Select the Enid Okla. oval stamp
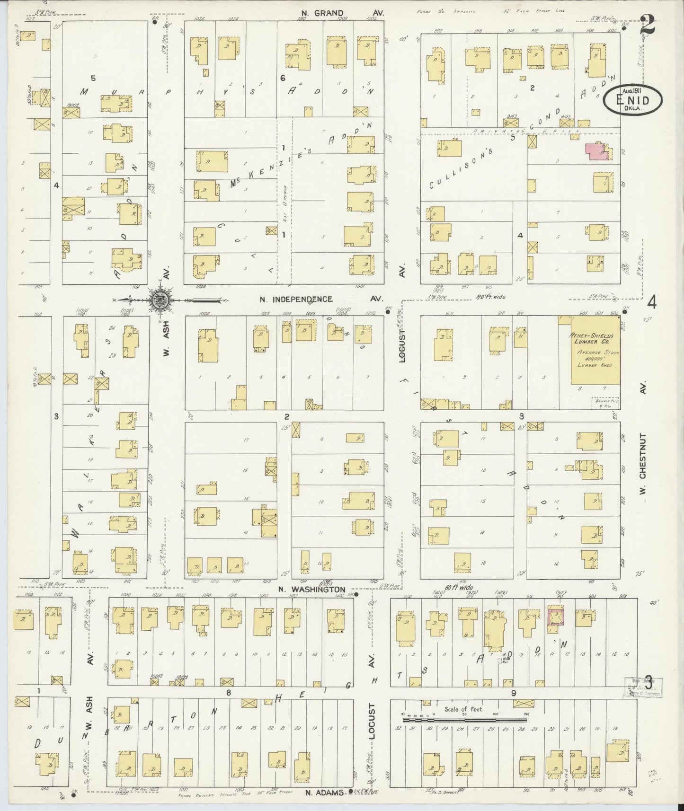[x=632, y=99]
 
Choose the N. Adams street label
[x=325, y=792]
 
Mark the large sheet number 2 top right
[x=648, y=25]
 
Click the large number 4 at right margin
[x=653, y=301]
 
